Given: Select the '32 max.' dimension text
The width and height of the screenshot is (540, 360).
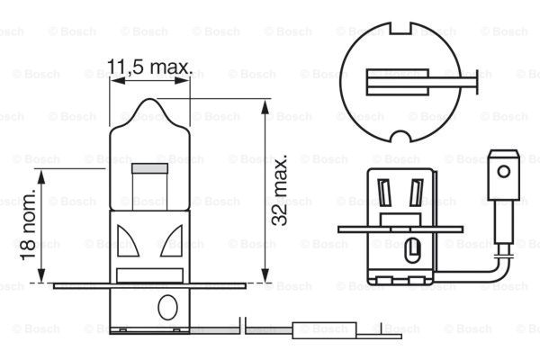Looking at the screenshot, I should (x=281, y=191).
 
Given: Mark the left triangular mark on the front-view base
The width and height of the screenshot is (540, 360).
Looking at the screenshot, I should (x=125, y=240).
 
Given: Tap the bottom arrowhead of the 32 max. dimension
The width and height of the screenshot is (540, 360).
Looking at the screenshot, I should (x=265, y=278).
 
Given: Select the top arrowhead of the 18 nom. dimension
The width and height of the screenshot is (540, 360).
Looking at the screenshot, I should (x=42, y=173).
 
